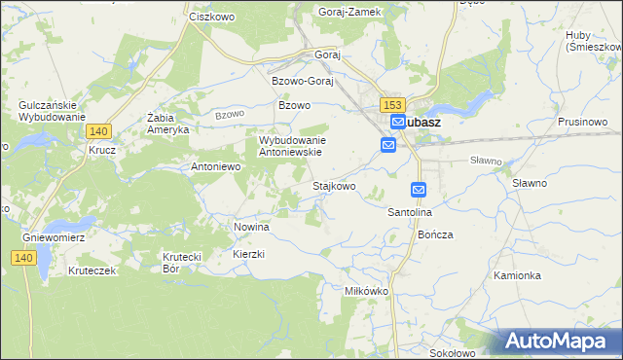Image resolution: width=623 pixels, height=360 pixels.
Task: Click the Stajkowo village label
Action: point(333,185)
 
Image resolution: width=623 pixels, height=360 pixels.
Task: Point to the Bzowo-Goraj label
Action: point(303,81)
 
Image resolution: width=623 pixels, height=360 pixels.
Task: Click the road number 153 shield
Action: point(392,105)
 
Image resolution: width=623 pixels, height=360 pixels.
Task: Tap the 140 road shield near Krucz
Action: point(97,130)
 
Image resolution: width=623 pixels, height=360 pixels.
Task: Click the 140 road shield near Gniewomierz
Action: point(24,257)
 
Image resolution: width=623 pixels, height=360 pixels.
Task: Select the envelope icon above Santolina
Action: point(419,190)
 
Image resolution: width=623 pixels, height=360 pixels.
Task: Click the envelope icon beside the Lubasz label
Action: point(397,122)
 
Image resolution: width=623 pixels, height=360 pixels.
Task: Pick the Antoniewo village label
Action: point(215,166)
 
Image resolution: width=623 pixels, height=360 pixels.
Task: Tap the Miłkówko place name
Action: point(367,291)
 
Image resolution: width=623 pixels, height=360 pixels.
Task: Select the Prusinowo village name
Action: point(583,122)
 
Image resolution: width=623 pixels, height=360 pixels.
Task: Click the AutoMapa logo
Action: point(558,341)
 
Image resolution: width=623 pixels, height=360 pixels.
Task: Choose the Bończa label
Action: point(435,234)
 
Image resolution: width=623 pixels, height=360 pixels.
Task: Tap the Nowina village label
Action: point(251,226)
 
